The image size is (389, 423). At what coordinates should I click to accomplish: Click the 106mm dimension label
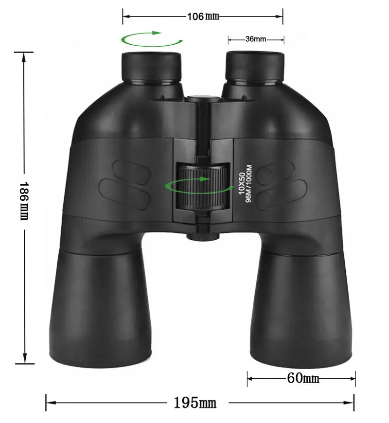pos(203,17)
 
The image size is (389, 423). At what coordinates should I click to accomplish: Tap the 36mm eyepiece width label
pos(256,39)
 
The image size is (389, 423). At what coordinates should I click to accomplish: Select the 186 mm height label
pos(24,201)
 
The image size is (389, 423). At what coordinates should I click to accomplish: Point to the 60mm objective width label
pos(303,378)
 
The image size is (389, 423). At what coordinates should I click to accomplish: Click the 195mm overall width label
pos(195,403)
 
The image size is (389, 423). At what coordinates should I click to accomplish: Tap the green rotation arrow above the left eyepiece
pos(152,38)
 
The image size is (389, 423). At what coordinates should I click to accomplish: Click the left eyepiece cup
pos(151,68)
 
